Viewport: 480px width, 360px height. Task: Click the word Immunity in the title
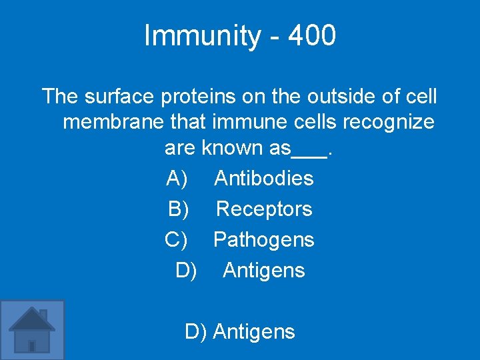[201, 36]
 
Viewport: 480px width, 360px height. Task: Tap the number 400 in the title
[312, 36]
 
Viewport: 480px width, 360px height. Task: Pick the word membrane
[107, 122]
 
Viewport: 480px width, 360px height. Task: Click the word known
[233, 147]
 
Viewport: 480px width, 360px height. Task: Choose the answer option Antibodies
[263, 178]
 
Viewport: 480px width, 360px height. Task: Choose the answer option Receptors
[264, 209]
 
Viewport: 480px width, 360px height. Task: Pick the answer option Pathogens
[263, 239]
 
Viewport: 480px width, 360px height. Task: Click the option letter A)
[177, 178]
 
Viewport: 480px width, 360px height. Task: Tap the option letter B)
[178, 209]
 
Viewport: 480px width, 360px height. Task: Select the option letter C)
[177, 239]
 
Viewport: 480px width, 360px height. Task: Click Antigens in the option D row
[263, 270]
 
